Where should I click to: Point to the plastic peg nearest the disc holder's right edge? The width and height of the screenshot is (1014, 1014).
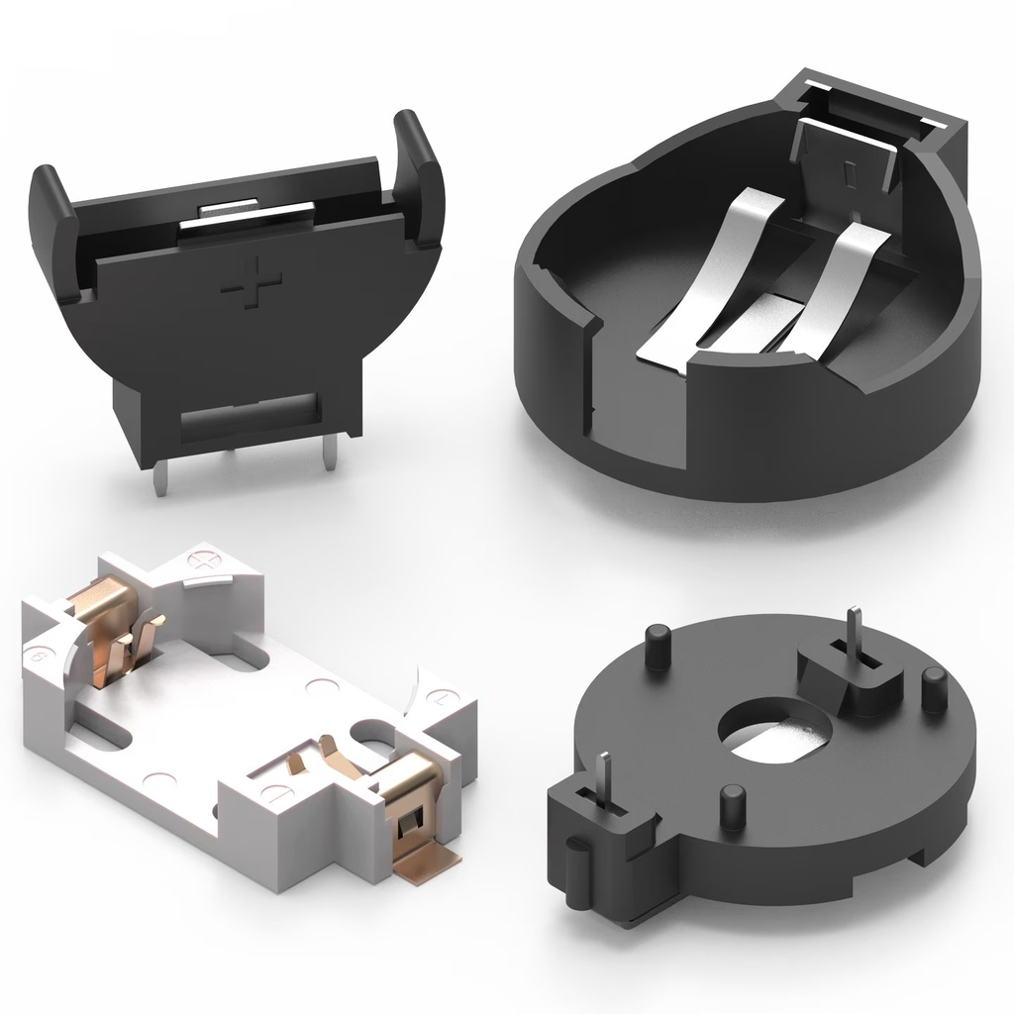pos(933,689)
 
